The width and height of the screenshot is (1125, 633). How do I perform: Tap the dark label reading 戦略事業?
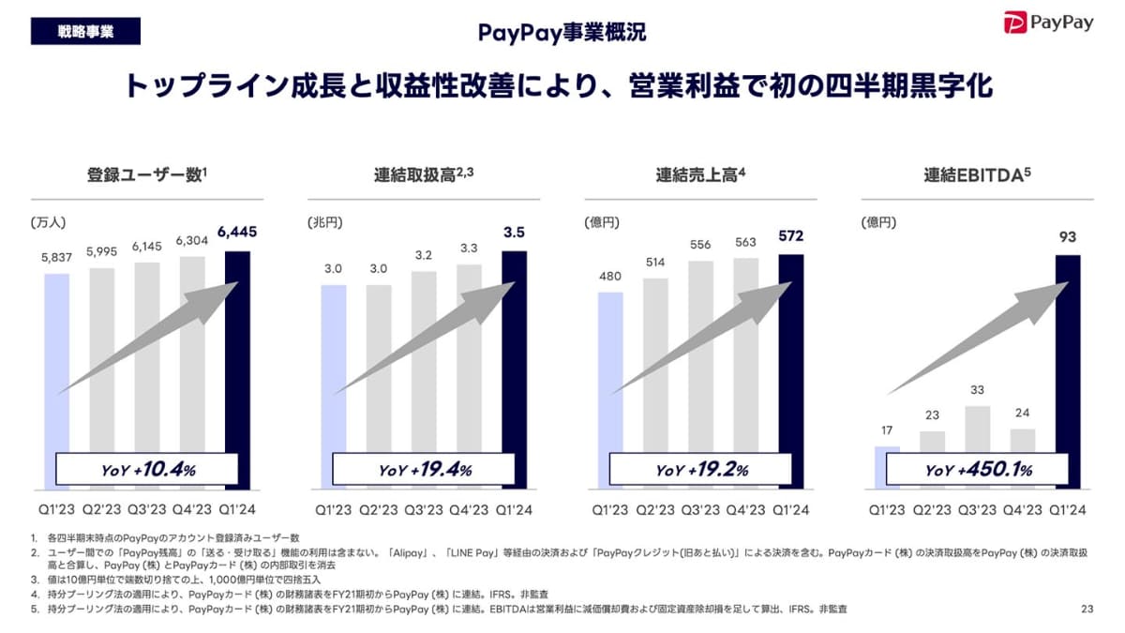85,31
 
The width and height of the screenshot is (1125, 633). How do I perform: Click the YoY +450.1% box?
978,470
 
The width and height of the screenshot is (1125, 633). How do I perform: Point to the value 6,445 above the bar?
236,233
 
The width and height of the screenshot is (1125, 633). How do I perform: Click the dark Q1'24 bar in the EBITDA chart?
1068,372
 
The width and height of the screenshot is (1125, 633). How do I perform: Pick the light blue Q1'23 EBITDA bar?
887,467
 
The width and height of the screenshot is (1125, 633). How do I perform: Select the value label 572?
790,235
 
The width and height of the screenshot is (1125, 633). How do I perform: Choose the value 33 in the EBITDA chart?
978,389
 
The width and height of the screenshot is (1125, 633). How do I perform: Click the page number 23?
1087,610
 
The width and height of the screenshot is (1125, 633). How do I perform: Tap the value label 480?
610,277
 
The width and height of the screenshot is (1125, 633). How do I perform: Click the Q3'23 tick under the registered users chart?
147,509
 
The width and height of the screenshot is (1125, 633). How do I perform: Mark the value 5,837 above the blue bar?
56,258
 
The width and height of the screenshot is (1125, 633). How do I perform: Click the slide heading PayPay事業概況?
562,33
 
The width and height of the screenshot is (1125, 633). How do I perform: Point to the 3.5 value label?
514,233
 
